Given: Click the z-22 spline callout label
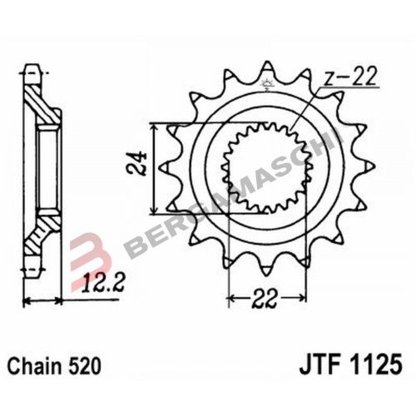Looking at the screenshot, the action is point(350,76).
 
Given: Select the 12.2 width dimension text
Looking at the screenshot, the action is point(102,283).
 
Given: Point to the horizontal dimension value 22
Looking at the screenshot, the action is point(265,299).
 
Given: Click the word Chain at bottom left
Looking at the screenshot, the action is point(34,366).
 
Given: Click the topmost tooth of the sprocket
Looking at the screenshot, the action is point(267,68).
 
